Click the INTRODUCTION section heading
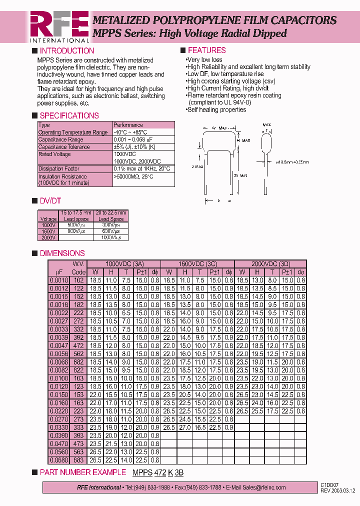pos(66,50)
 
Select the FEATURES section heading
pos(206,50)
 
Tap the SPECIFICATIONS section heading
pos(69,115)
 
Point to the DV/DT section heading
pos(51,200)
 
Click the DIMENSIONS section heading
pos(62,253)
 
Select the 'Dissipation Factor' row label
pos(58,169)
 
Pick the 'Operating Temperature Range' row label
pos(72,132)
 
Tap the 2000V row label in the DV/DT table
pos(48,238)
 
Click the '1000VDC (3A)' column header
pos(124,264)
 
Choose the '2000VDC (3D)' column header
pos(270,264)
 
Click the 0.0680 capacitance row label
pos(58,460)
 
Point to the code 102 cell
pos(78,280)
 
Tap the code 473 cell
pos(78,444)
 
